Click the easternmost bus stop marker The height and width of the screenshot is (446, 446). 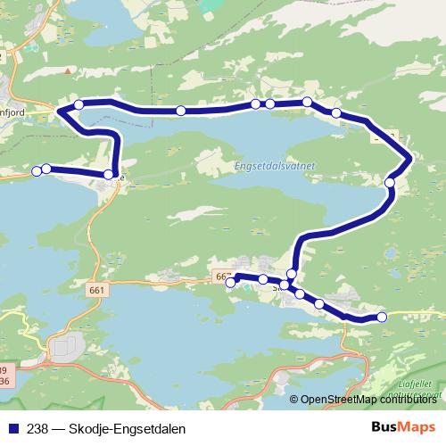tap(383, 317)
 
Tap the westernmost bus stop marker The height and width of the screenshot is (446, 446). tap(37, 170)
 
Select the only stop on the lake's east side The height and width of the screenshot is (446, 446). tap(390, 183)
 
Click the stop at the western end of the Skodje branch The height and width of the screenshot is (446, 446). tap(231, 282)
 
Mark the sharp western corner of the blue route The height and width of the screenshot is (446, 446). tap(59, 111)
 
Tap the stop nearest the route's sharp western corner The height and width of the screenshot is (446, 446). tap(79, 105)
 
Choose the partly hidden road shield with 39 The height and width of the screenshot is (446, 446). tap(4, 370)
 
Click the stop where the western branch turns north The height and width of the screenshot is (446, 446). tap(109, 175)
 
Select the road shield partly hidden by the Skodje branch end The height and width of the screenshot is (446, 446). tap(221, 277)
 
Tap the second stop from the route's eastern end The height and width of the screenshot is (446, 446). tap(319, 304)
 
